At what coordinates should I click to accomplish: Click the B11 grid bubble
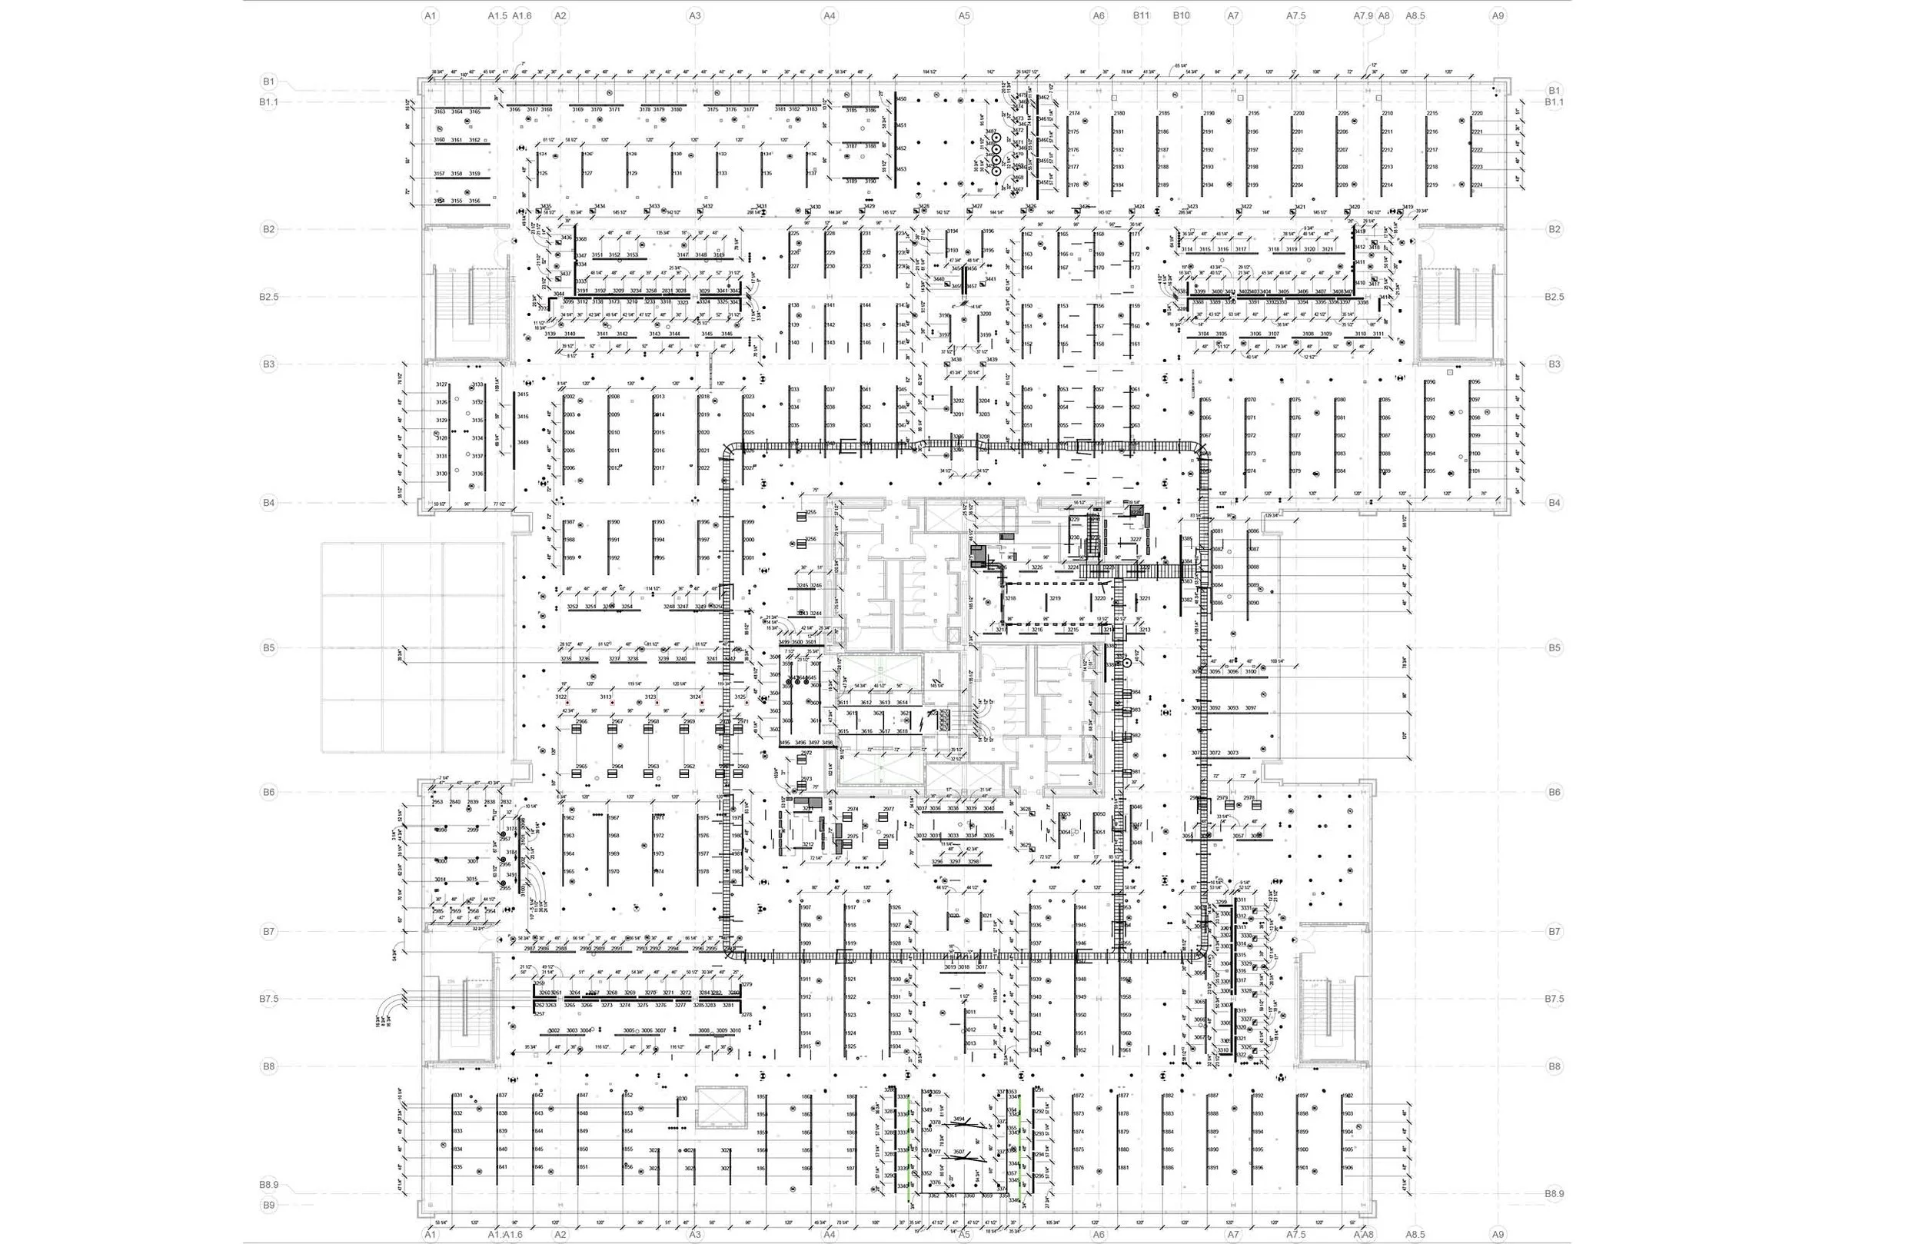1141,15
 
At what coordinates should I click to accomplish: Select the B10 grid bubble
1182,15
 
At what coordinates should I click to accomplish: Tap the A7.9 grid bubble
1363,15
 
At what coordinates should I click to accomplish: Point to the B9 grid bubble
269,1205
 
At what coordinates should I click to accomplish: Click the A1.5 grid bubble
497,15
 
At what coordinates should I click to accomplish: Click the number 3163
440,111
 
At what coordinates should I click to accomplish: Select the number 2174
1074,113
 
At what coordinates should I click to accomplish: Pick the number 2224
1477,185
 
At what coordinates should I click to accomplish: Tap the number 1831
457,1096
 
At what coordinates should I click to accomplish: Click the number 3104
1203,334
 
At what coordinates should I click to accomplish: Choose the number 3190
870,181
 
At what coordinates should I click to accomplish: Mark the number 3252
573,607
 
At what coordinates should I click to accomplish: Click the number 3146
727,334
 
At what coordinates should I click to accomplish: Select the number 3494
959,1119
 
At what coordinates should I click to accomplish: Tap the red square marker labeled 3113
612,703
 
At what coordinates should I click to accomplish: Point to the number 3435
546,207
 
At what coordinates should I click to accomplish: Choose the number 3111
1378,334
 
